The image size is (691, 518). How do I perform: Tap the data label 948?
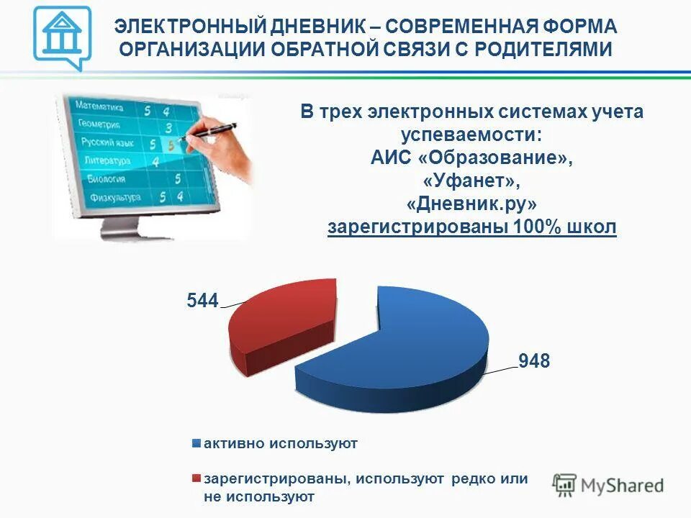click(534, 361)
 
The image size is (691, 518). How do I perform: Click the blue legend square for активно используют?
click(196, 444)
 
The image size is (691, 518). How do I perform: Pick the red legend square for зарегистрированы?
click(196, 478)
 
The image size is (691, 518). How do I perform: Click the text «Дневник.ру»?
click(472, 204)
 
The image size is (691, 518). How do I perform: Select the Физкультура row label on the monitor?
click(115, 197)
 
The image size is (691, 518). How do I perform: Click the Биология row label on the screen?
click(107, 178)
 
